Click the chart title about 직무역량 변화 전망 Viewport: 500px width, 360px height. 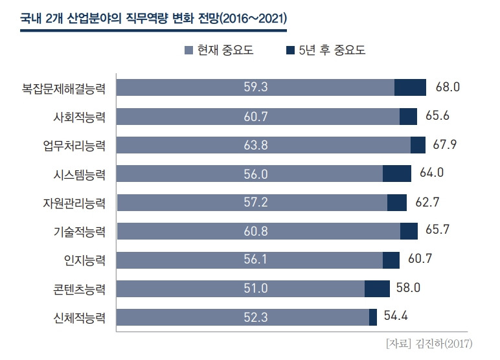[153, 18]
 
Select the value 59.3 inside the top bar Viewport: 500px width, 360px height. [256, 87]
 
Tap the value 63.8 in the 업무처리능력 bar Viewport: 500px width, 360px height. [256, 145]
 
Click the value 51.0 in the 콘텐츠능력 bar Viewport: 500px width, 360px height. [256, 288]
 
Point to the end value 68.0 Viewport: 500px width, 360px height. [447, 87]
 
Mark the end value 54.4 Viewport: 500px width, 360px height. [396, 316]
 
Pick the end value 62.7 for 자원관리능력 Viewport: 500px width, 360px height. [427, 202]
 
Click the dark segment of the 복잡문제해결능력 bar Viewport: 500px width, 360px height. [410, 87]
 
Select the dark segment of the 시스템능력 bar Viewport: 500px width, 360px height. [397, 174]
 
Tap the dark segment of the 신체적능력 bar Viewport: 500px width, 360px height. [373, 317]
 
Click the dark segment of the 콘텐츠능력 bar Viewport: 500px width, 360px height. [377, 288]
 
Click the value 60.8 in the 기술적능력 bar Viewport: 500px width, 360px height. [256, 231]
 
